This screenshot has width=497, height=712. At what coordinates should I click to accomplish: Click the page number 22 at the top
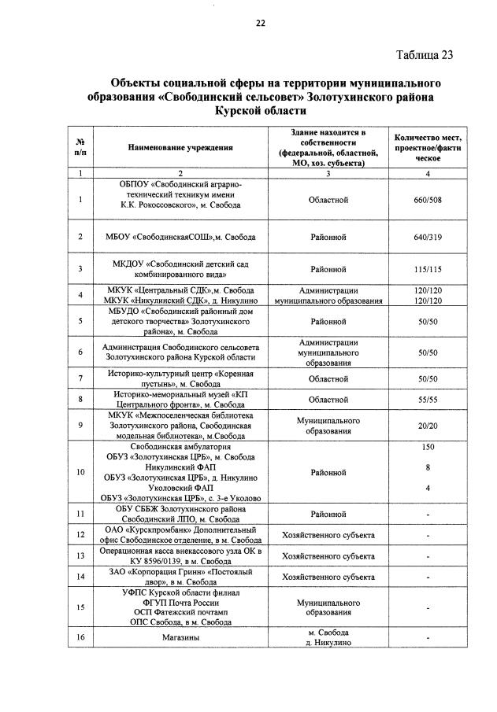click(260, 23)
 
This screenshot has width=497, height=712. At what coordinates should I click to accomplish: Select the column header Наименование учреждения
click(180, 148)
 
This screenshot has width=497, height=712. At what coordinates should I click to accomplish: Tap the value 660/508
click(427, 200)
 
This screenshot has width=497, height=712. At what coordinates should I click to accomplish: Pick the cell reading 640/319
click(427, 236)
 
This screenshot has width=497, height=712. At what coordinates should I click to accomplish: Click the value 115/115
click(427, 269)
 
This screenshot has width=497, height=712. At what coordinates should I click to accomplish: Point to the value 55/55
click(427, 400)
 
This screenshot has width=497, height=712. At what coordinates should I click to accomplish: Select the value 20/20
click(427, 426)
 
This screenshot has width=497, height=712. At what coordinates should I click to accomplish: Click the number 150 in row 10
click(428, 447)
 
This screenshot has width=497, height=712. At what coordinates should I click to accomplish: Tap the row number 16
click(80, 637)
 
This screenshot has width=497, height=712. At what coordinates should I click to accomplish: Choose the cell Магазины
click(180, 637)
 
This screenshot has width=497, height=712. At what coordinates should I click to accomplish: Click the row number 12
click(80, 536)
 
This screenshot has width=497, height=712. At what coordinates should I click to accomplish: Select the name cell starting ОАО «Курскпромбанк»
click(180, 536)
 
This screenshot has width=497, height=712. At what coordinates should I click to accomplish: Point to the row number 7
click(80, 378)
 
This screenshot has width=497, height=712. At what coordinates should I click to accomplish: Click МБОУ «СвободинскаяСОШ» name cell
click(180, 236)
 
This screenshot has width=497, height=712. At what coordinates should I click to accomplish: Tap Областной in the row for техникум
click(328, 200)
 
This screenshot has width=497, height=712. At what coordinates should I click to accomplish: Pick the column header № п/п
click(80, 148)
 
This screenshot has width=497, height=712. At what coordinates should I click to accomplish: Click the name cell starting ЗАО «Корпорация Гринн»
click(180, 577)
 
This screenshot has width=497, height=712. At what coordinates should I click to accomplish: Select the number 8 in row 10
click(428, 467)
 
